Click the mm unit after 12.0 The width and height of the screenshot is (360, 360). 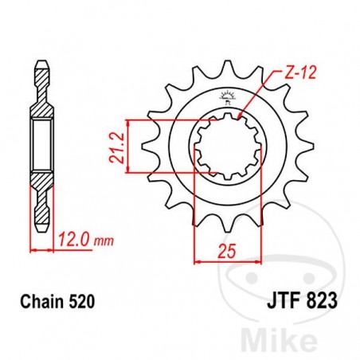pos(98,239)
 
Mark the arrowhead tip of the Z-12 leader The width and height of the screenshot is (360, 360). pos(239,119)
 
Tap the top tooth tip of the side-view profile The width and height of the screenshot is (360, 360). pos(41,61)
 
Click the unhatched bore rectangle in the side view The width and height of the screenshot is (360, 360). pos(41,145)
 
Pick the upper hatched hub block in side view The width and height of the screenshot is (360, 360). pos(41,100)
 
